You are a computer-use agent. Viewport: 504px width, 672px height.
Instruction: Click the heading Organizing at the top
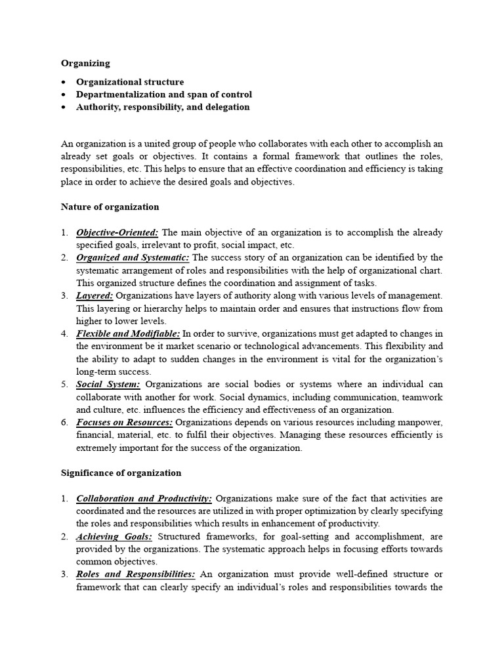pos(85,64)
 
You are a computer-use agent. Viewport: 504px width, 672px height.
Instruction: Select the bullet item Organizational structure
pos(130,82)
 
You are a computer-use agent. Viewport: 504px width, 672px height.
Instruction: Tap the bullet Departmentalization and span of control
pos(163,94)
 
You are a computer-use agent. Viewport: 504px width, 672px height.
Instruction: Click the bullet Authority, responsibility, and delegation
pos(163,107)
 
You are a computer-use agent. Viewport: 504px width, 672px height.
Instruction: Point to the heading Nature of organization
pos(110,207)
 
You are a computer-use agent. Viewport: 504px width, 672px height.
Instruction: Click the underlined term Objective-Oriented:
pos(117,232)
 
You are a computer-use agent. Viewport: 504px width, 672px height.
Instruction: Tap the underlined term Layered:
pos(94,296)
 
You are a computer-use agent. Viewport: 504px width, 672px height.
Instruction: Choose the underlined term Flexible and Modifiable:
pos(128,334)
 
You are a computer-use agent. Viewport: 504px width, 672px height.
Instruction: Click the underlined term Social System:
pos(108,385)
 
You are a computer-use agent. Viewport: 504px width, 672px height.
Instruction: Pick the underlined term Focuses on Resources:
pos(125,423)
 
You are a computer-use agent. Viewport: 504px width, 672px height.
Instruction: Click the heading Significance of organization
pos(121,473)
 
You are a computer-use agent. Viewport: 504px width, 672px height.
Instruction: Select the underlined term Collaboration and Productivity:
pos(144,499)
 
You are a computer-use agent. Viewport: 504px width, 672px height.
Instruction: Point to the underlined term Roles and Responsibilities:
pos(136,575)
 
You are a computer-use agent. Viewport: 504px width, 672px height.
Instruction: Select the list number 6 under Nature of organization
pos(64,423)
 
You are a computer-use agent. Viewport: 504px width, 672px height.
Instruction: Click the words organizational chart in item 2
pos(407,270)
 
